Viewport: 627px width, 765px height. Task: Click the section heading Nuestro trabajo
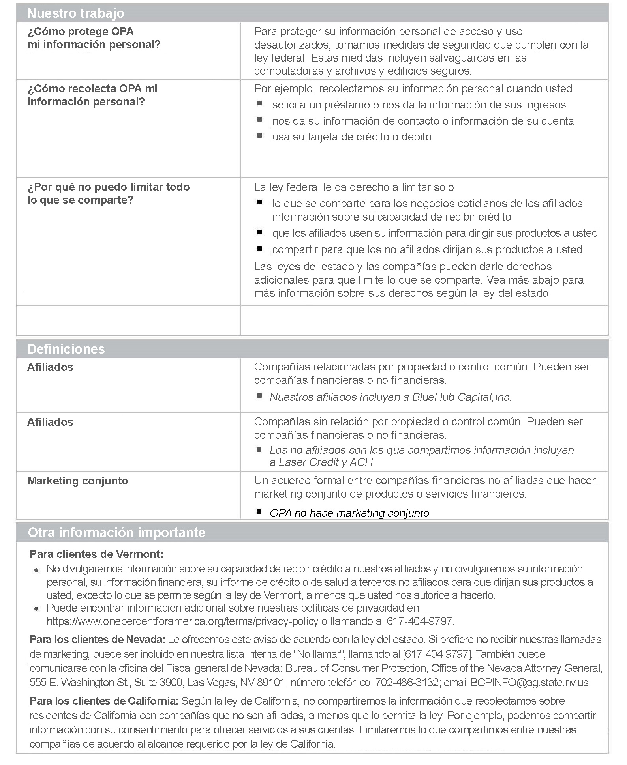point(75,13)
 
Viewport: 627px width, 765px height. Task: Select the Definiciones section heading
point(66,349)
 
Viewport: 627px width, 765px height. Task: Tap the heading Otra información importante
point(116,532)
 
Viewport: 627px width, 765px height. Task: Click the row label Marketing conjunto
point(78,481)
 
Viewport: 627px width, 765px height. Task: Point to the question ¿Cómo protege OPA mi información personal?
point(94,38)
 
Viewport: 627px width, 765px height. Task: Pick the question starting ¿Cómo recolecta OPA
point(92,95)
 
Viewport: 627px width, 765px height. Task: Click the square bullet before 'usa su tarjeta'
point(259,135)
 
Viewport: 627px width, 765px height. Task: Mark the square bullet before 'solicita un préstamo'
point(259,103)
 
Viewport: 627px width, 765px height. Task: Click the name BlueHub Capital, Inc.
point(462,397)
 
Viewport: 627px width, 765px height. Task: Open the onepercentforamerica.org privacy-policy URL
point(182,621)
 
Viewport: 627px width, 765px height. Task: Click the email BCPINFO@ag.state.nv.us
point(530,682)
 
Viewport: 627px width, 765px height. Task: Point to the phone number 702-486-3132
point(407,682)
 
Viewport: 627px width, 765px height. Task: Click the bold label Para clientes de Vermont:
point(96,554)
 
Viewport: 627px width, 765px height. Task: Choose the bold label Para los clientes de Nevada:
point(98,639)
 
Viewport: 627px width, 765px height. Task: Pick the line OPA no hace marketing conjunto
point(349,513)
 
